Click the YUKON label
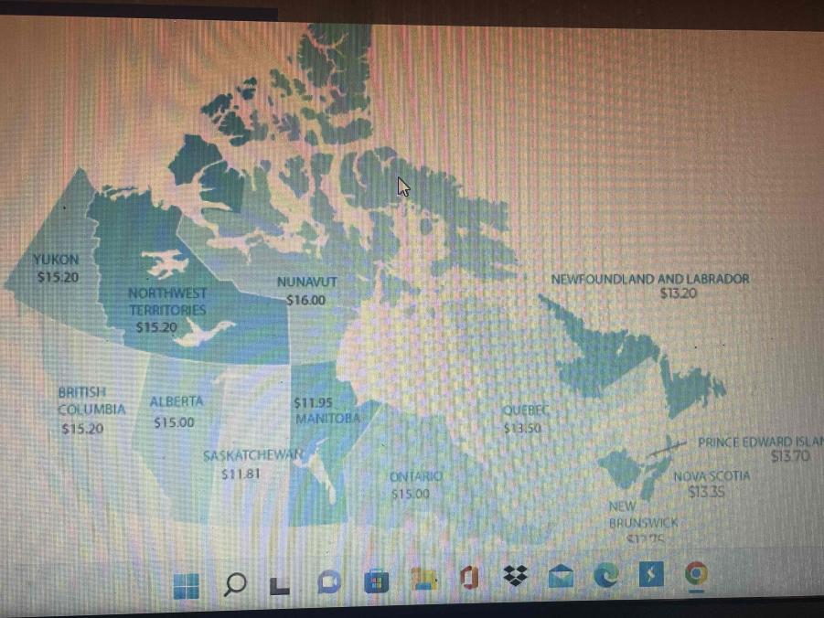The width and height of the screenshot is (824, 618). (56, 260)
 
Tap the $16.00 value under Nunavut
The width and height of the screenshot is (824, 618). (305, 300)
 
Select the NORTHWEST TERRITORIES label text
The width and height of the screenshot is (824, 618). (167, 302)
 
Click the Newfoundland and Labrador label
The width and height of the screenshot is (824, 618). (649, 279)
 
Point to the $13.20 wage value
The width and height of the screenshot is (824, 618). (678, 293)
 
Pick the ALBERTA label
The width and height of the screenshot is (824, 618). (177, 401)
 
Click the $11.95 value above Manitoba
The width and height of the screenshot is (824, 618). (313, 402)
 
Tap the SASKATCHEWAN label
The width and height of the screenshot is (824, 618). (252, 456)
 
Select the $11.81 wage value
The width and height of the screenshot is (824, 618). (241, 474)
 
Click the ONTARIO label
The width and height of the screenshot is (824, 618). (415, 477)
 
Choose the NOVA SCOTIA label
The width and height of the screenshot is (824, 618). (711, 476)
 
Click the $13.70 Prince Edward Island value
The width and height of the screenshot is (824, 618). (789, 456)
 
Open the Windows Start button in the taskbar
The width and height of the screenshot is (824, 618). (186, 583)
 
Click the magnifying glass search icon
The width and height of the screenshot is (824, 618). (234, 583)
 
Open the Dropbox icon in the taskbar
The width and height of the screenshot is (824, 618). (516, 576)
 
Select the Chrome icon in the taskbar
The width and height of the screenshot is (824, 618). (696, 575)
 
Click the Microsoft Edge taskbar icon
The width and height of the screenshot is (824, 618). (605, 576)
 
